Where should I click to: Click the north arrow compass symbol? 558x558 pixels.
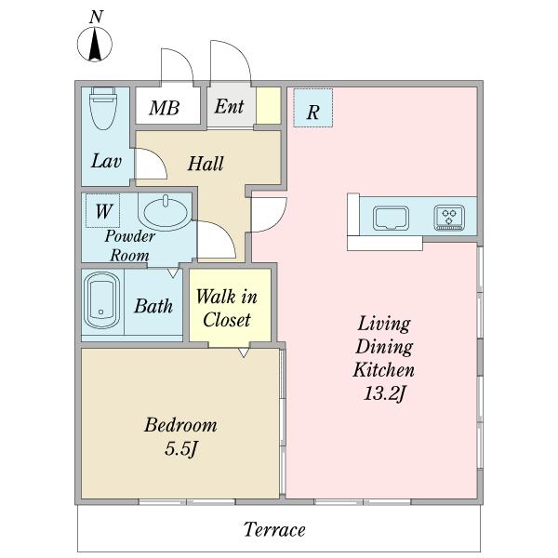coord(95,44)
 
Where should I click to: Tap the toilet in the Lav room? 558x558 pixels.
coord(103,108)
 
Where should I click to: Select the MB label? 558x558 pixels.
coord(164,108)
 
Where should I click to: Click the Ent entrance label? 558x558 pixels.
coord(229,106)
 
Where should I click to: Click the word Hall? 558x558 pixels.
coord(206,164)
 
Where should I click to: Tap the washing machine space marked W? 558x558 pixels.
coord(103,211)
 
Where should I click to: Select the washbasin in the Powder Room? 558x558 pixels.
coord(166,212)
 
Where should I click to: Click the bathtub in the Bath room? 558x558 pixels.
coord(101,300)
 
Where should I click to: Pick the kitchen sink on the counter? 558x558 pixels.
coord(391,218)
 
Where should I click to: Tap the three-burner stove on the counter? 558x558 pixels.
coord(449,218)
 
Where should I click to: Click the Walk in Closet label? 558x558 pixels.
coord(227,308)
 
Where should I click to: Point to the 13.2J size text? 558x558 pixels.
coord(384,393)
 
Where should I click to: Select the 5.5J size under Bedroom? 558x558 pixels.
coord(180,449)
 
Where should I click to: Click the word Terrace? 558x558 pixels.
coord(274,529)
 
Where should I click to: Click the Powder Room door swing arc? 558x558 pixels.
coord(223,232)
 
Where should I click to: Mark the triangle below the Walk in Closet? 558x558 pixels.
coord(244,352)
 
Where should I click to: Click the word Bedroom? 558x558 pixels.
coord(180,425)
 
